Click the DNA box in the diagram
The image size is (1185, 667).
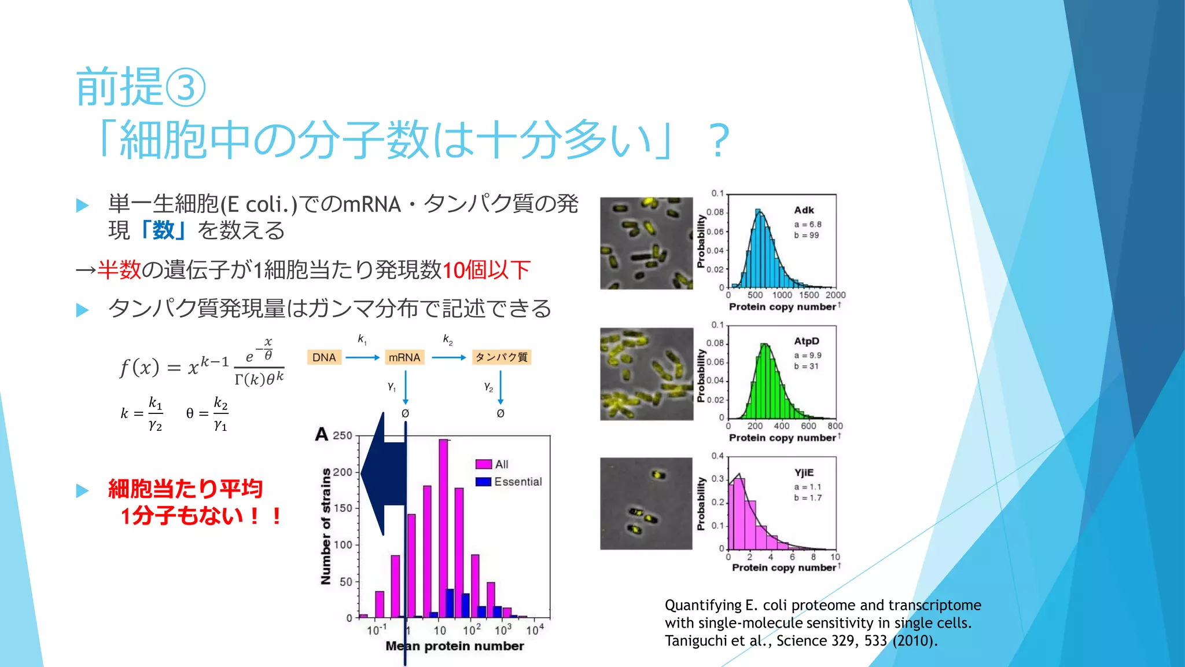click(x=324, y=357)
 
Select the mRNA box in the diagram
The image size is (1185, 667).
click(x=404, y=357)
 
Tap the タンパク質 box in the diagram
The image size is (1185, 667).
click(x=501, y=357)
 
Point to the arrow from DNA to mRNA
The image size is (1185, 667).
click(x=362, y=358)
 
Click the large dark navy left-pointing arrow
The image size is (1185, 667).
click(x=382, y=474)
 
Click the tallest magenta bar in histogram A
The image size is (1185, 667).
click(x=443, y=527)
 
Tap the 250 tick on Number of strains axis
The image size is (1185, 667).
click(x=343, y=435)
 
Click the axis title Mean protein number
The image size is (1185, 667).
click(x=455, y=646)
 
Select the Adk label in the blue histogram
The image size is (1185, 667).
click(x=804, y=210)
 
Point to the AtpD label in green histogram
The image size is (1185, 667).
click(x=807, y=341)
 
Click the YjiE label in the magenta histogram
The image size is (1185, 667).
click(x=804, y=472)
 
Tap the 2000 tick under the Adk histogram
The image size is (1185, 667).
click(x=835, y=295)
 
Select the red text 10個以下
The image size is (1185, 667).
click(x=486, y=270)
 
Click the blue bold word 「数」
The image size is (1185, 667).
click(x=163, y=230)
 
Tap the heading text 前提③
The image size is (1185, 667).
click(x=141, y=87)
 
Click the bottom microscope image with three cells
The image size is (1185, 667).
click(x=646, y=503)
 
